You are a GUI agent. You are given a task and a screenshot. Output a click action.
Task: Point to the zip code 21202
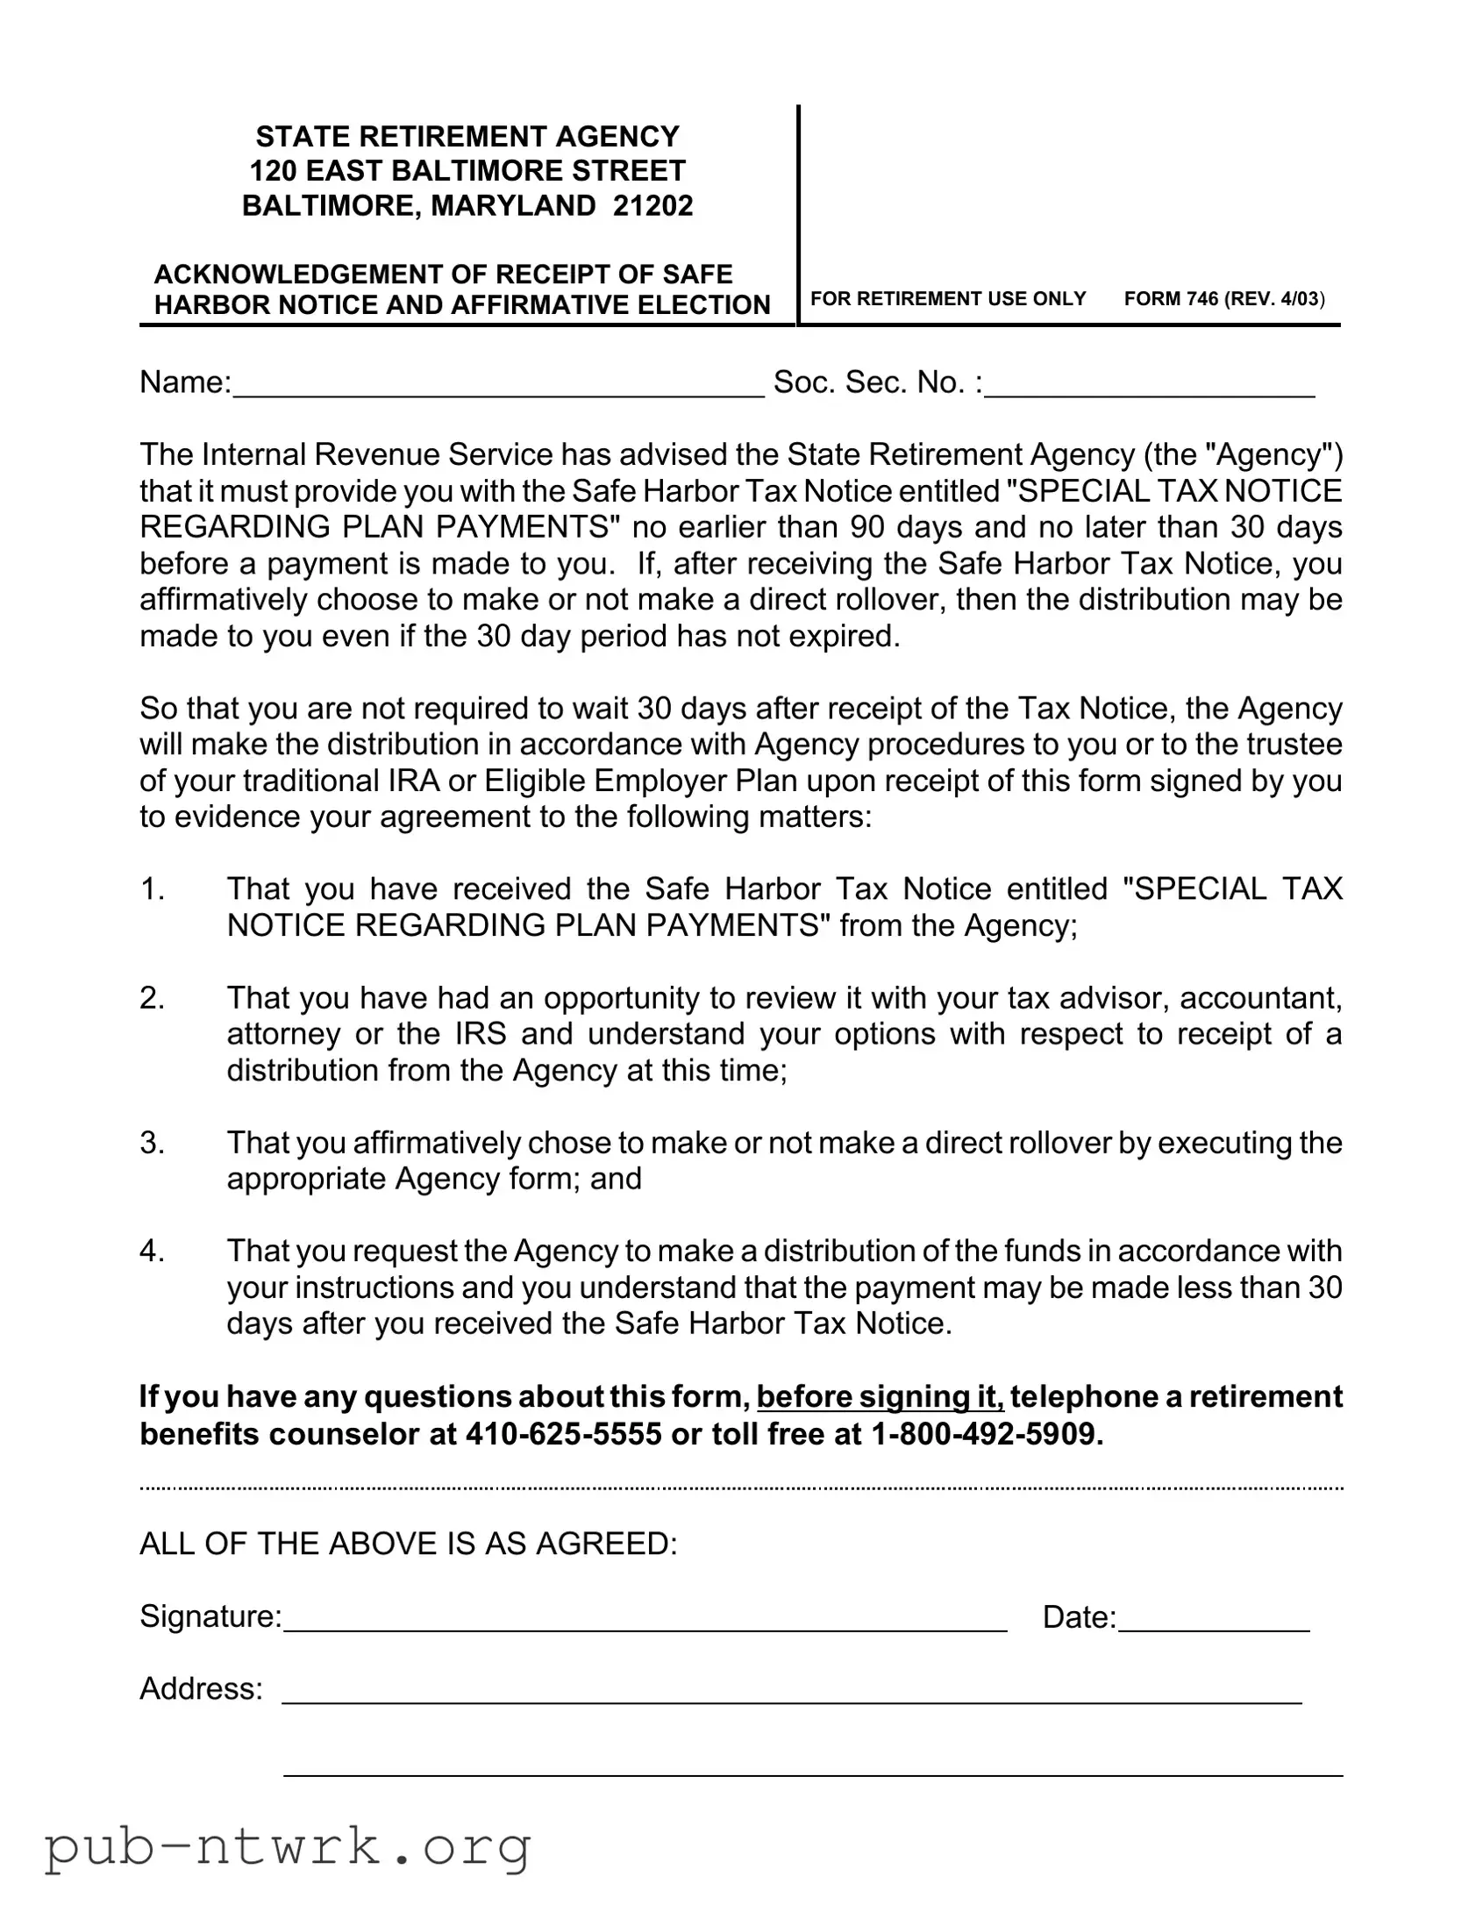point(653,205)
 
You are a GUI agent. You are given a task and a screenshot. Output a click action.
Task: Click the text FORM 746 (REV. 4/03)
point(1223,299)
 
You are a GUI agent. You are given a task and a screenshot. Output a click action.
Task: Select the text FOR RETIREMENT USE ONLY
point(948,299)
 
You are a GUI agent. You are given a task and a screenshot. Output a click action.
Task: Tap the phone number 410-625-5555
point(563,1434)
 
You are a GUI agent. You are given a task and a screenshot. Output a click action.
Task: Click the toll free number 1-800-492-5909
point(986,1434)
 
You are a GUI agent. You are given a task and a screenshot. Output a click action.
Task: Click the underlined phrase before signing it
point(880,1396)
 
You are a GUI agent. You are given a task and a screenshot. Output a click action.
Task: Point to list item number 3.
point(152,1142)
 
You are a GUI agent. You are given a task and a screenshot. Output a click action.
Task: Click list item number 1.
point(152,888)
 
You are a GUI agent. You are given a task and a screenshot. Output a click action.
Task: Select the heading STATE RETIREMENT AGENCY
point(467,136)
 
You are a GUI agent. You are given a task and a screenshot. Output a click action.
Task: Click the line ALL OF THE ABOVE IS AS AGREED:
point(409,1544)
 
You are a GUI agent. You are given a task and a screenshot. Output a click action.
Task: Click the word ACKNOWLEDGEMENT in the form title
point(297,275)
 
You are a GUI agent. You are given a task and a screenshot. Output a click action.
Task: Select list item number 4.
point(152,1251)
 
